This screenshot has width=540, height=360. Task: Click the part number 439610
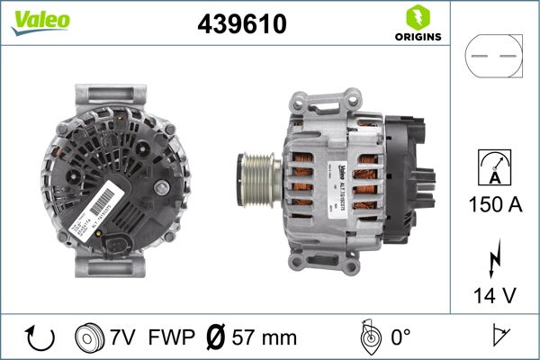coord(241,25)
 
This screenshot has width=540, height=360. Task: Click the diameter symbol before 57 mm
coord(216,337)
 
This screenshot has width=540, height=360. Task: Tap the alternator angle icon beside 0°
coord(366,337)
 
